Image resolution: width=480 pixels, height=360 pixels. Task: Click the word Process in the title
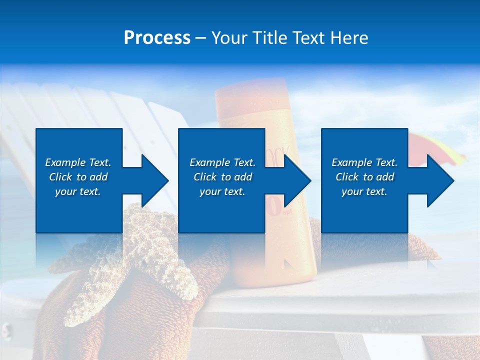[x=157, y=38]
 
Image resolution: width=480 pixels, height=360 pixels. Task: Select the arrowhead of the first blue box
[x=152, y=180]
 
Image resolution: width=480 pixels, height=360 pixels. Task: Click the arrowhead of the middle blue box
[x=295, y=180]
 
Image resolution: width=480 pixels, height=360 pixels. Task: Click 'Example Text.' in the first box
[x=78, y=162]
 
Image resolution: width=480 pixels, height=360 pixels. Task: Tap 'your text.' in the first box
[x=78, y=191]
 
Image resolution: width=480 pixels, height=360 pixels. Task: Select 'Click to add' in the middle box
[x=222, y=177]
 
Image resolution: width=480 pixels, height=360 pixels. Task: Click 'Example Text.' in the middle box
[x=222, y=162]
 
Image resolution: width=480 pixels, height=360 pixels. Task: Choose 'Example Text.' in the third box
[x=364, y=162]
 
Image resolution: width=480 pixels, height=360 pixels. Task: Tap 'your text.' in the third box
[x=364, y=191]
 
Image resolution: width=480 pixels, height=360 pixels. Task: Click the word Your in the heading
[x=229, y=38]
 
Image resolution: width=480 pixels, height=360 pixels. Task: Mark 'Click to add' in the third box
[x=364, y=177]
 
